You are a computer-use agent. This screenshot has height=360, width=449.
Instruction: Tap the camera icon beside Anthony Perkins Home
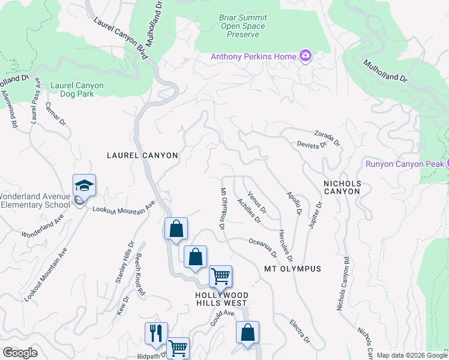click(x=306, y=56)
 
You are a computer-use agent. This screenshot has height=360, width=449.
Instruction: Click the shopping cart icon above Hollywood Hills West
click(x=221, y=277)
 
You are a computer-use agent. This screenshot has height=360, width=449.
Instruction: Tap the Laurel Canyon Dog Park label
click(x=77, y=90)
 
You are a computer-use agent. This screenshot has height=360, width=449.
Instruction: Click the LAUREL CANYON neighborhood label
click(x=142, y=155)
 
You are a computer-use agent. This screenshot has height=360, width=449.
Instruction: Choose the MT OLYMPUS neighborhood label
click(x=292, y=269)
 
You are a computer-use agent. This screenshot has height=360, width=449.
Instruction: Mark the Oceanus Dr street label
click(x=263, y=245)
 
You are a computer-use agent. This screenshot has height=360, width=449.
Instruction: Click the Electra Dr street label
click(x=298, y=330)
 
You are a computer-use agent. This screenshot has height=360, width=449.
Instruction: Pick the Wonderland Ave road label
click(x=43, y=226)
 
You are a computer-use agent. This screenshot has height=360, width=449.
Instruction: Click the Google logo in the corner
click(x=20, y=353)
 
